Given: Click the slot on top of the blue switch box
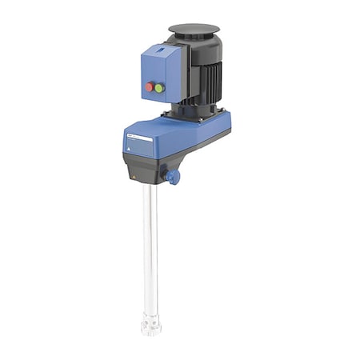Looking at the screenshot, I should click(x=162, y=50).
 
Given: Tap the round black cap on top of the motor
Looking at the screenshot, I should click(x=194, y=30).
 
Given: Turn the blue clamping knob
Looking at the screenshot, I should click(x=172, y=177).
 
